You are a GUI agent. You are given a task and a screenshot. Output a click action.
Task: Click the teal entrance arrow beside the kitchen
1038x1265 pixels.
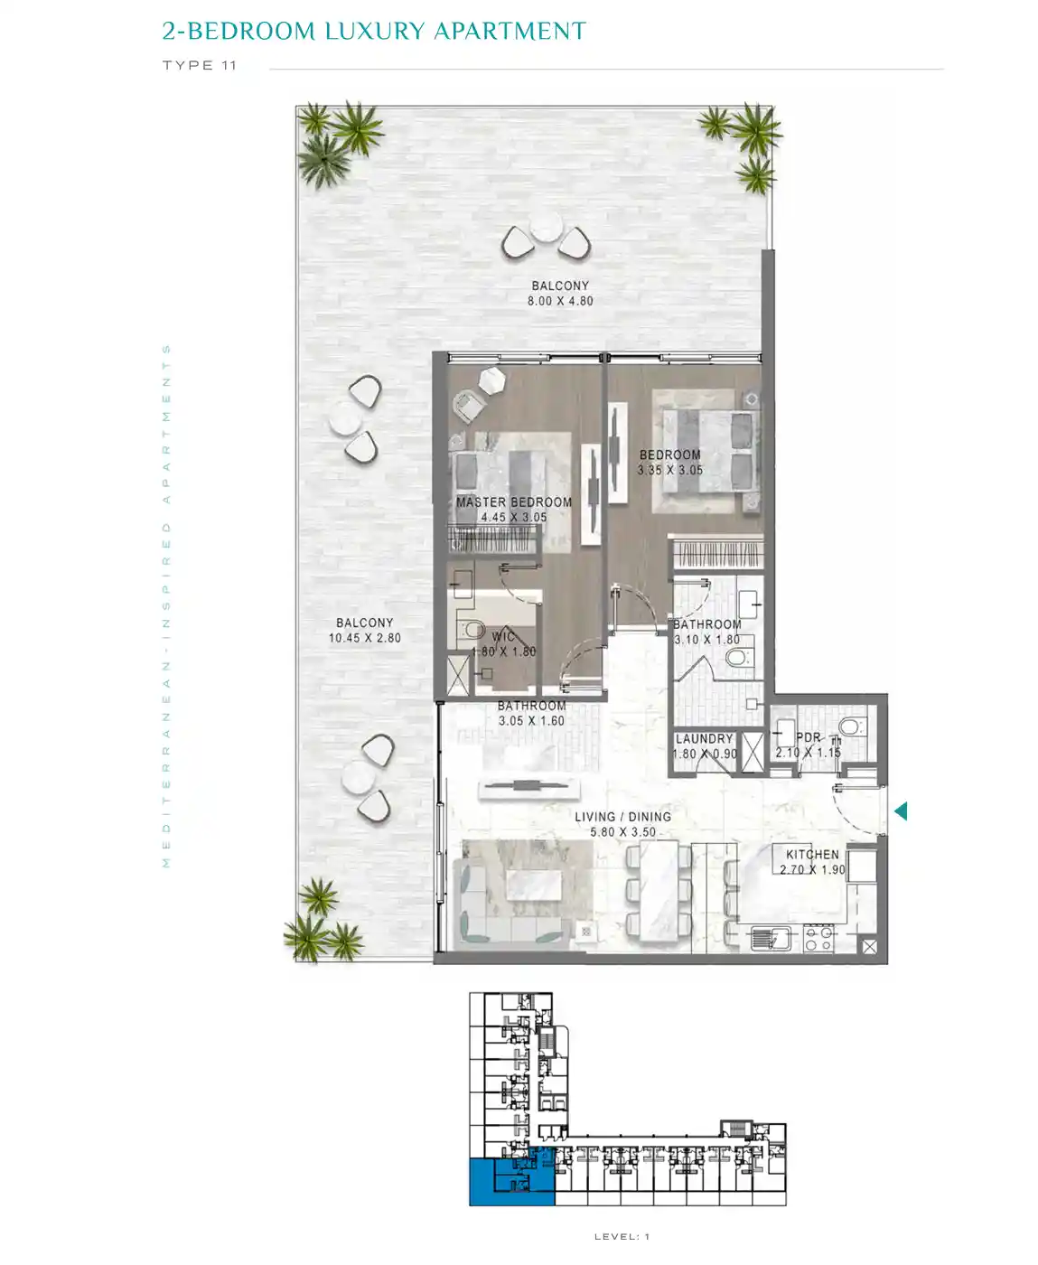click(x=902, y=811)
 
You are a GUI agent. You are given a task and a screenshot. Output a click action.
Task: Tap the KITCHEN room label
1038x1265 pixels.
click(x=812, y=854)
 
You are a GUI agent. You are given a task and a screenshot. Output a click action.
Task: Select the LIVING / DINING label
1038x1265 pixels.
click(x=622, y=816)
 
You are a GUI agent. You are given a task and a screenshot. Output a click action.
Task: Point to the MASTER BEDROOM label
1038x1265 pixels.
click(x=514, y=502)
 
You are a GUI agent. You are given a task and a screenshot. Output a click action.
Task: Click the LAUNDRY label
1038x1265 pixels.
click(x=704, y=738)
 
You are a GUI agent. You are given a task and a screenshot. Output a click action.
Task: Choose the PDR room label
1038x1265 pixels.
click(x=809, y=737)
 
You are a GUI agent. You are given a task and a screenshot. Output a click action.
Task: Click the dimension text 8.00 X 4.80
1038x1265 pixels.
click(x=560, y=301)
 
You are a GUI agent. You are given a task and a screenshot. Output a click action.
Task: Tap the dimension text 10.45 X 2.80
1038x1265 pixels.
click(x=365, y=638)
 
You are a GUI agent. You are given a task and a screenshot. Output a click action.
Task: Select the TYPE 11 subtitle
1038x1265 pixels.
click(x=199, y=65)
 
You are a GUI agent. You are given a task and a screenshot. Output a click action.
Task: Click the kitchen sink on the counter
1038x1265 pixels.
click(x=771, y=938)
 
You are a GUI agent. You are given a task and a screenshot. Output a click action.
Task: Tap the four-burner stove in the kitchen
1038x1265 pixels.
click(x=818, y=939)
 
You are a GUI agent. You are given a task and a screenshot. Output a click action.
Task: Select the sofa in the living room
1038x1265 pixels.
click(x=511, y=904)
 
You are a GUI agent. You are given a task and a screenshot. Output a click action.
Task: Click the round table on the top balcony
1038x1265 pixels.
click(x=547, y=227)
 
